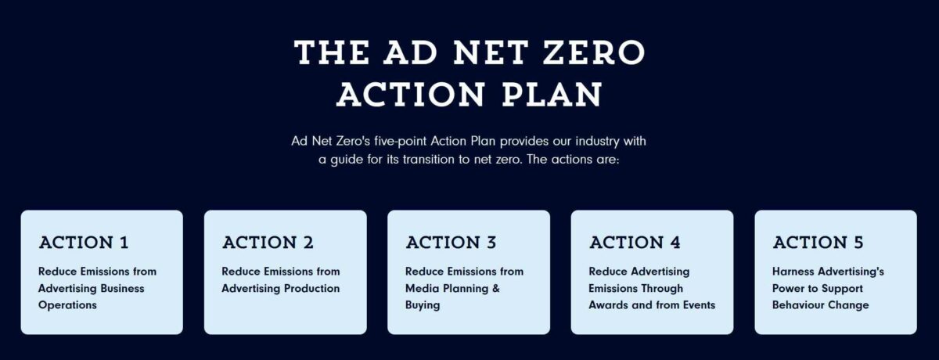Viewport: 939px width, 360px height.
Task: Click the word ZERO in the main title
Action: (x=594, y=52)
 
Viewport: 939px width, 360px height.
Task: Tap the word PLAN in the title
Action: (x=552, y=94)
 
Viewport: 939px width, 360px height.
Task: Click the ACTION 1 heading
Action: (x=84, y=243)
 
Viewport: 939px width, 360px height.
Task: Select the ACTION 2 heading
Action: (x=268, y=243)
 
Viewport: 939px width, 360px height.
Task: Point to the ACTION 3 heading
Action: (x=451, y=243)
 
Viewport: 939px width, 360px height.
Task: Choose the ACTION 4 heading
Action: (x=635, y=243)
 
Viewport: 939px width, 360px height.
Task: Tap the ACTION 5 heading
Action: (x=818, y=243)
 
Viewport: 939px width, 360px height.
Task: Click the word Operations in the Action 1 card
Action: (x=67, y=305)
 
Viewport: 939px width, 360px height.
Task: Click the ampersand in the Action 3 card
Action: (x=496, y=288)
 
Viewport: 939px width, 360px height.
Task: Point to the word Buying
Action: (x=423, y=305)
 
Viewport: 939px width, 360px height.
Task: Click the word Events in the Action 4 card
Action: (x=699, y=305)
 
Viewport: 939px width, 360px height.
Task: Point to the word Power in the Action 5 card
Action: (x=788, y=288)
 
